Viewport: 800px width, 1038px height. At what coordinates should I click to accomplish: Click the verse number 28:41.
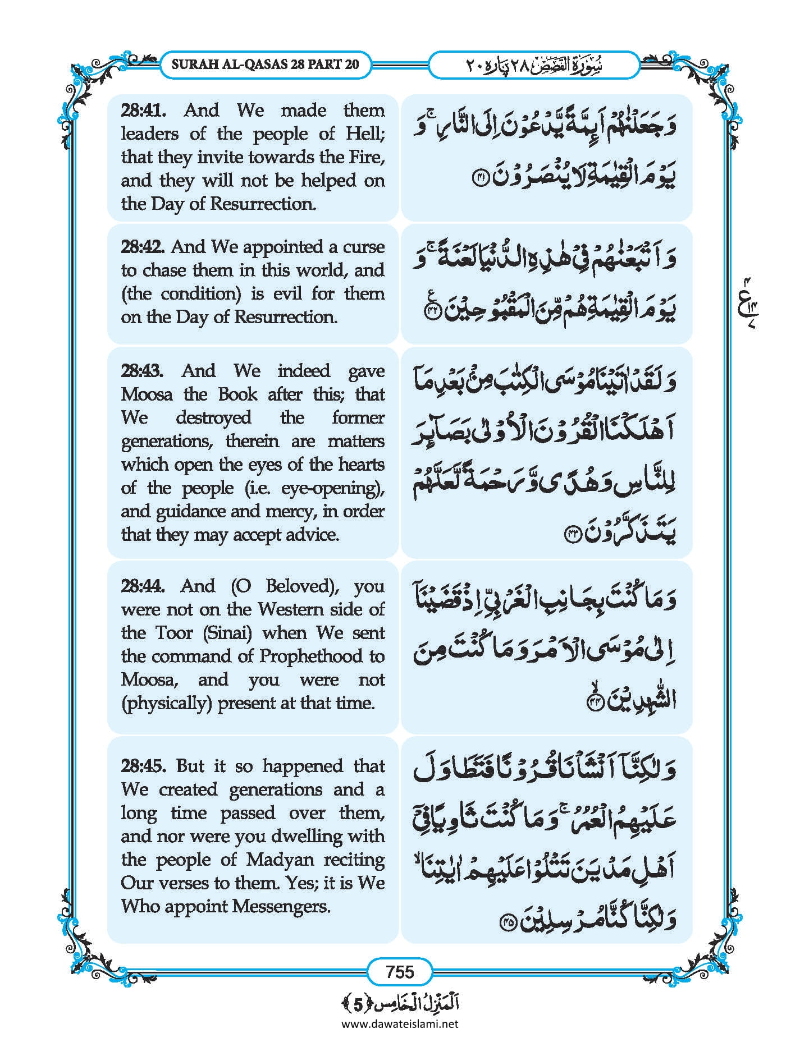143,110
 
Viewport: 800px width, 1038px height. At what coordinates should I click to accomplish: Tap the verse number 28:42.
143,247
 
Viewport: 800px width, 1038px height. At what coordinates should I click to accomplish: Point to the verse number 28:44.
143,586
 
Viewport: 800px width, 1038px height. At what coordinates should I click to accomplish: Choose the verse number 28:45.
143,766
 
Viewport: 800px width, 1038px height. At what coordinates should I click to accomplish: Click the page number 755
400,971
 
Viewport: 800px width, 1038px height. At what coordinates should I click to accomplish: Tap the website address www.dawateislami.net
400,1023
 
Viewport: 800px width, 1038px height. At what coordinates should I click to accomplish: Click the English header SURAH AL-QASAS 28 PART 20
264,64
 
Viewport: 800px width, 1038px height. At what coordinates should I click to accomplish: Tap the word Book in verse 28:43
237,394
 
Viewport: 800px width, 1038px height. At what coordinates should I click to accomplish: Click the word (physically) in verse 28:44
167,703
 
